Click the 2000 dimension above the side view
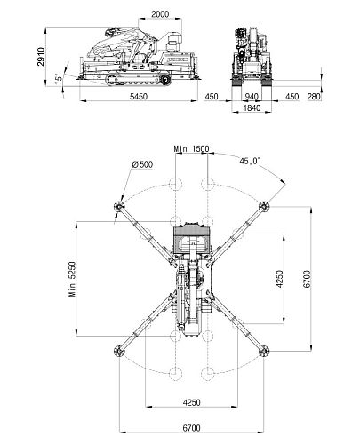tap(160, 14)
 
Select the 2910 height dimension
tap(41, 56)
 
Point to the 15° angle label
tap(59, 79)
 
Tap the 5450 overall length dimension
tap(139, 97)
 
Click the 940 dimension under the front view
tap(252, 97)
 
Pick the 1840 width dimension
tap(252, 107)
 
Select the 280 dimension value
tap(314, 97)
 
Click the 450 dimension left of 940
tap(212, 97)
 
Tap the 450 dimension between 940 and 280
tap(292, 97)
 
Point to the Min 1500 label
tap(191, 148)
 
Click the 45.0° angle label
tap(250, 161)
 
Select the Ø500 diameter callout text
tap(142, 164)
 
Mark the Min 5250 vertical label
tap(72, 279)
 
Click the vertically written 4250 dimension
tap(279, 279)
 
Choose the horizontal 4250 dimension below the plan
tap(191, 402)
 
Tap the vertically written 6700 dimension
tap(307, 279)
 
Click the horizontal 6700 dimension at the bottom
tap(191, 428)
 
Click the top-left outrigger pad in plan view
tap(119, 206)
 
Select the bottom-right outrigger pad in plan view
tap(263, 351)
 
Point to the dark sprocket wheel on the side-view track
tap(165, 79)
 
